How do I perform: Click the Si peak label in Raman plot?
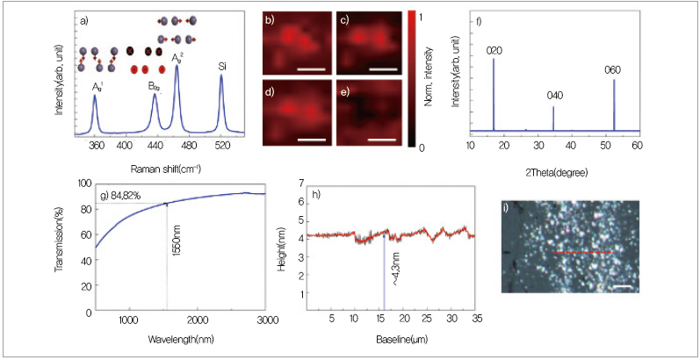(x=221, y=66)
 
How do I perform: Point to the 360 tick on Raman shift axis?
(x=96, y=144)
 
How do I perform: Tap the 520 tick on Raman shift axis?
(x=220, y=144)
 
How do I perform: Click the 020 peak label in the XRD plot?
(x=494, y=50)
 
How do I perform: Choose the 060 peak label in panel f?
(x=614, y=69)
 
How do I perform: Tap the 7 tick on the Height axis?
(x=301, y=184)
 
